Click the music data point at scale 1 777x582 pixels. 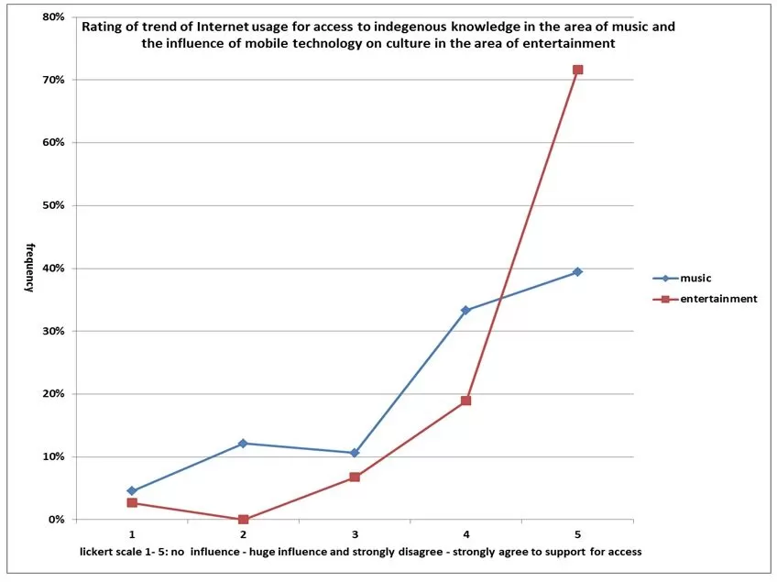click(x=132, y=491)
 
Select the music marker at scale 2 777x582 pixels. click(x=243, y=444)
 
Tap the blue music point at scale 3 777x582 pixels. click(x=355, y=453)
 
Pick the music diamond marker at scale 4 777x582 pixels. click(x=465, y=311)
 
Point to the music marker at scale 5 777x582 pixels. click(x=577, y=272)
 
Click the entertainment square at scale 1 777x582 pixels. click(x=132, y=503)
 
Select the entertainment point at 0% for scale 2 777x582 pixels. click(x=243, y=520)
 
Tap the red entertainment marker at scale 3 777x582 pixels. click(x=355, y=478)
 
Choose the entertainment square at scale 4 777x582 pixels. click(x=465, y=401)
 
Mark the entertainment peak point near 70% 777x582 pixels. click(x=577, y=70)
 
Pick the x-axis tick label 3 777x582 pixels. click(x=355, y=533)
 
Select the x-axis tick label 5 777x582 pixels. click(x=577, y=533)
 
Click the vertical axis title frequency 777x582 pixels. click(x=29, y=267)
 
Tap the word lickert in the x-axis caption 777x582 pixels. click(x=100, y=552)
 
